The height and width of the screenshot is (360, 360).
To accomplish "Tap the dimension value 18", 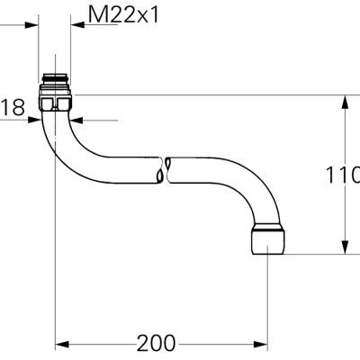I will [12, 108].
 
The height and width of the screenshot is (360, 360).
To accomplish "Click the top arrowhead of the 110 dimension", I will [344, 100].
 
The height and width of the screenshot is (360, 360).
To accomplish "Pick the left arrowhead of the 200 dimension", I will [62, 343].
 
